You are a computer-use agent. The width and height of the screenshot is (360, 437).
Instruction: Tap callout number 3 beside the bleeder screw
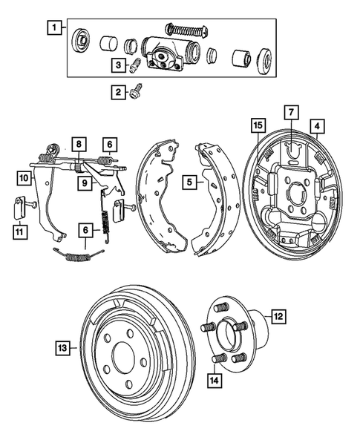coord(118,65)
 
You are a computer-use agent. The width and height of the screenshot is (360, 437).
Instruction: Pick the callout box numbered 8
coord(79,143)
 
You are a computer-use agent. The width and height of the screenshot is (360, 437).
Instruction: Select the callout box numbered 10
coord(24,177)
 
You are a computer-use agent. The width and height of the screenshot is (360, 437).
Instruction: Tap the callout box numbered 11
coord(17,233)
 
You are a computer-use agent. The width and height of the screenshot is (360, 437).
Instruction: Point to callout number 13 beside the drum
coord(63,346)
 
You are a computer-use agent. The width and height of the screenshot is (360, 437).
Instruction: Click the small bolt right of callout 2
coord(137,93)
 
